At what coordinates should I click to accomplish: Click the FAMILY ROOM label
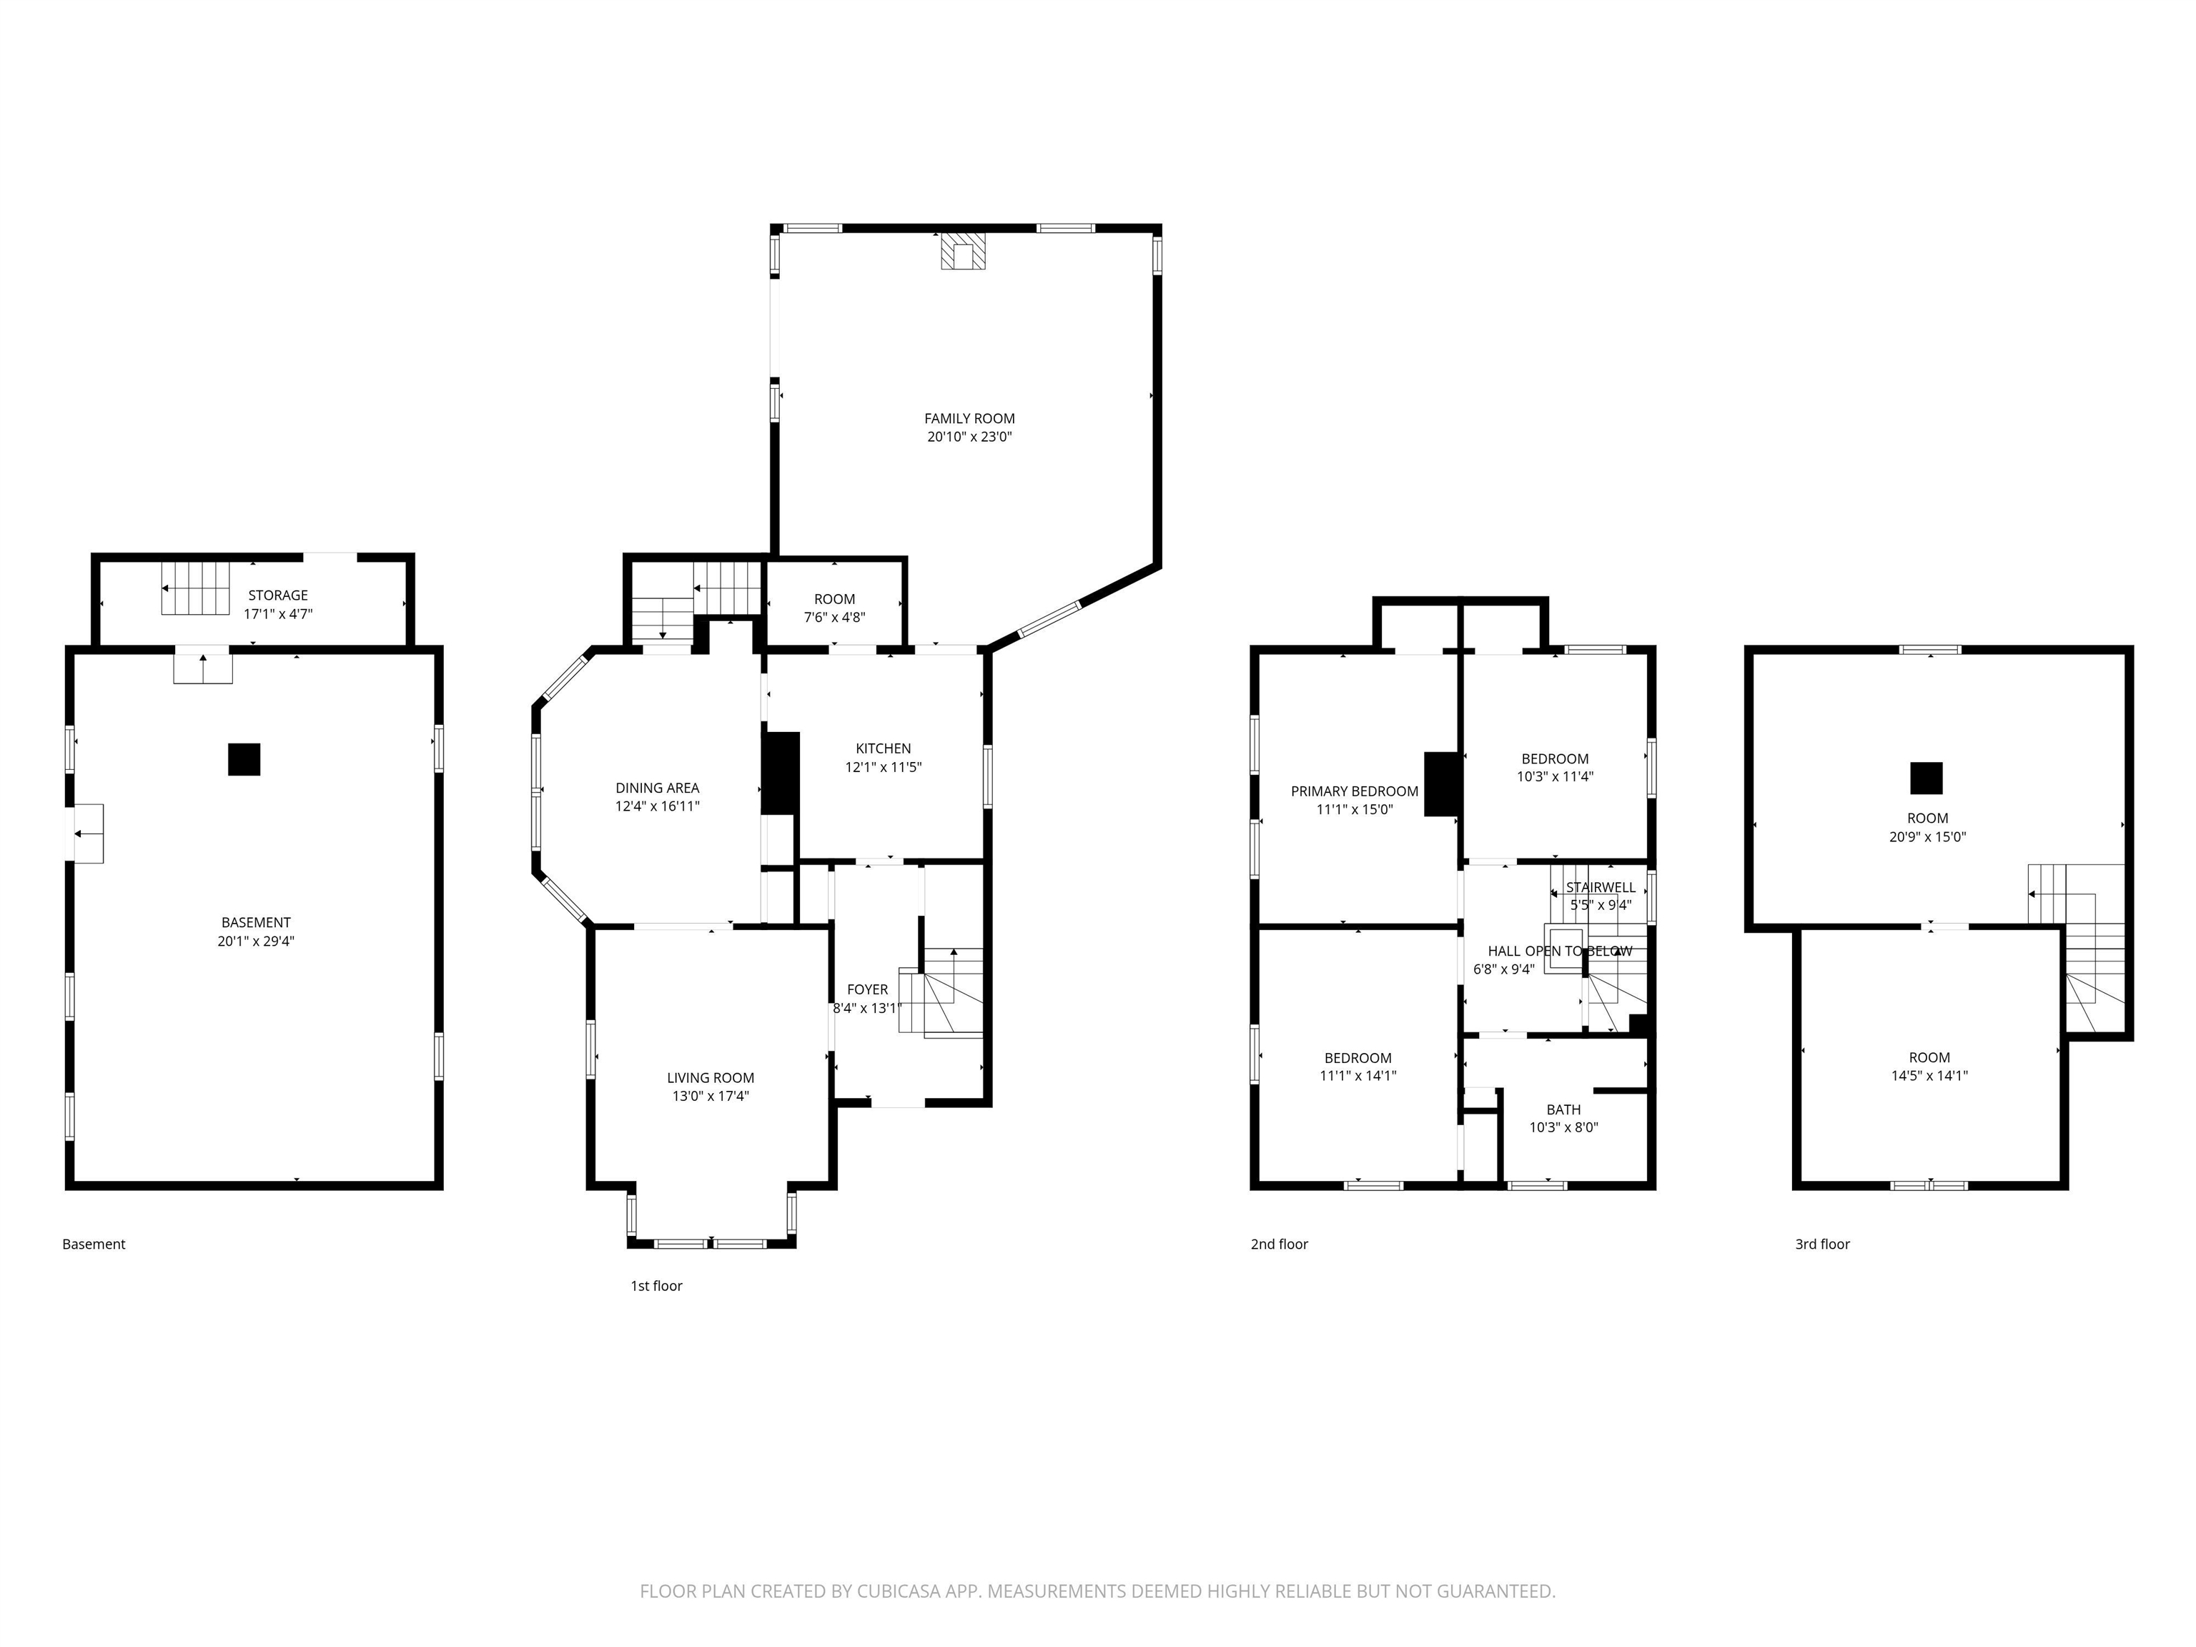[x=969, y=418]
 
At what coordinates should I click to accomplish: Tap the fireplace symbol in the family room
[x=963, y=253]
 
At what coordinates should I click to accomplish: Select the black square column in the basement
[x=244, y=759]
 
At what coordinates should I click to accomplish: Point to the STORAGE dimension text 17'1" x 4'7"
[x=278, y=613]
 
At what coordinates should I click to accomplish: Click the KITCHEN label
[x=883, y=748]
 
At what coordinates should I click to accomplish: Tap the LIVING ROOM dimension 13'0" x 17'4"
[x=710, y=1096]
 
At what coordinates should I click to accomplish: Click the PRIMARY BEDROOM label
[x=1354, y=791]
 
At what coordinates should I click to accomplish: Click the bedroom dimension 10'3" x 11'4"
[x=1555, y=777]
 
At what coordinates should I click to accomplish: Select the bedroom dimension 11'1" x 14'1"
[x=1357, y=1075]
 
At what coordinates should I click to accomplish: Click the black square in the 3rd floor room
[x=1926, y=778]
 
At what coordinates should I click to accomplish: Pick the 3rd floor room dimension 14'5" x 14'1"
[x=1929, y=1075]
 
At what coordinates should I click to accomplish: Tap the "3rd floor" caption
[x=1821, y=1244]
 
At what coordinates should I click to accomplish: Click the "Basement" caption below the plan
[x=94, y=1244]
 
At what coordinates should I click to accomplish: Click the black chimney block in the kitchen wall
[x=781, y=774]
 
